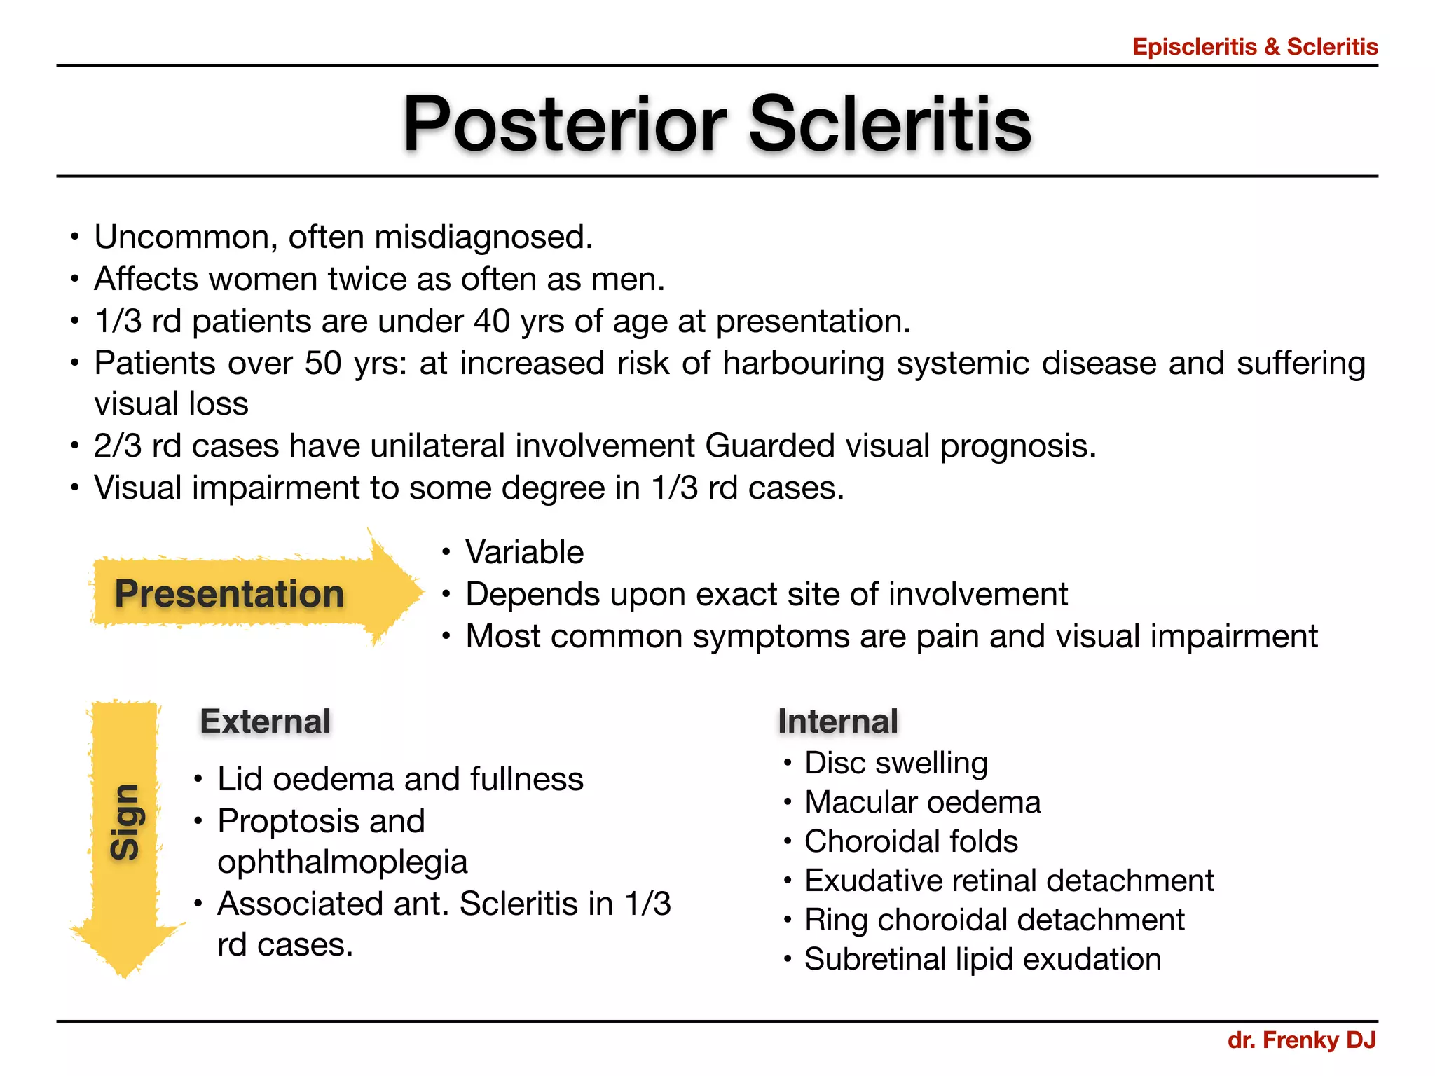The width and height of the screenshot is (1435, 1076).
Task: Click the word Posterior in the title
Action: pos(565,124)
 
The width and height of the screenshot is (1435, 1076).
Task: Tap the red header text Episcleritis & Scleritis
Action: pos(1254,47)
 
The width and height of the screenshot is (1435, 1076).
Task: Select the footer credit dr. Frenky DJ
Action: pos(1301,1040)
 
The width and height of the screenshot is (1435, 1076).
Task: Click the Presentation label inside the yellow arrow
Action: pos(229,593)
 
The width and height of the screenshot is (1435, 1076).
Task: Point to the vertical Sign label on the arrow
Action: pos(125,821)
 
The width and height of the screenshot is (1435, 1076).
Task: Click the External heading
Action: pos(265,722)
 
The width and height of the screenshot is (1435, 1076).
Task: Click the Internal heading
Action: pos(837,722)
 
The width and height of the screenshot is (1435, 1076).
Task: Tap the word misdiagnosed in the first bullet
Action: pos(483,237)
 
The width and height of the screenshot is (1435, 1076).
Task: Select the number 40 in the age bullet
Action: pos(491,322)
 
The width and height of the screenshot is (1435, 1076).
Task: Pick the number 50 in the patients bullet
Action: pos(323,363)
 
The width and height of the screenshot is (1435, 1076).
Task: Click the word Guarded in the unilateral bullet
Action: pos(770,446)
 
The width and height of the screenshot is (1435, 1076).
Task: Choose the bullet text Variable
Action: pos(524,552)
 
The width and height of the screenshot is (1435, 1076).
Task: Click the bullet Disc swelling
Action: pos(895,763)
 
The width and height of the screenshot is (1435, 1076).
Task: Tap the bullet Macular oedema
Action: pos(922,802)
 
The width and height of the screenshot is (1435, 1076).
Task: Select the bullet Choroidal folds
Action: pos(910,841)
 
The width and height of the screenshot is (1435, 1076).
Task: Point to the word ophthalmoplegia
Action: pos(342,862)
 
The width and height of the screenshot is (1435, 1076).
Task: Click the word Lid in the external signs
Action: pos(239,779)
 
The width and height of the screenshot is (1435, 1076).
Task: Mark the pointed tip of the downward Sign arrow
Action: pos(124,974)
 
